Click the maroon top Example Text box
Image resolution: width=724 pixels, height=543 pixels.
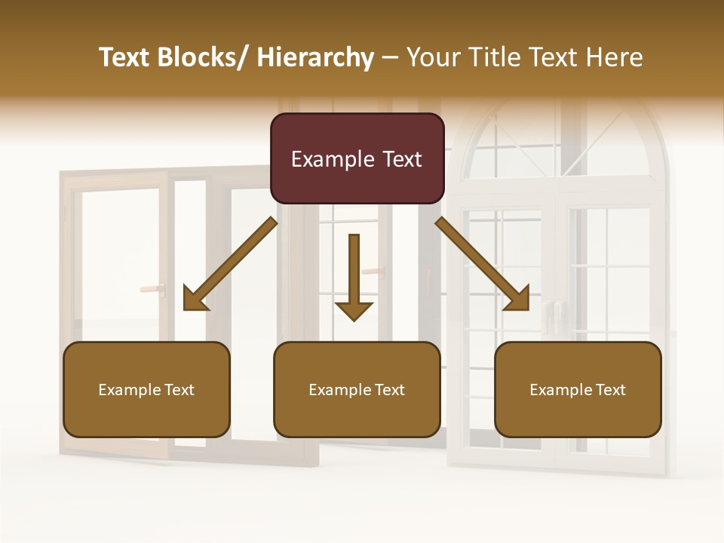click(357, 158)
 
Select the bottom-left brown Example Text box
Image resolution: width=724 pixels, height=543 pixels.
click(146, 390)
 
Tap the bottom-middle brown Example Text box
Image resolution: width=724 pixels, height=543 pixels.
click(357, 390)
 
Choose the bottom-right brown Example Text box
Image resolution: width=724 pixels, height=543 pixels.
click(578, 390)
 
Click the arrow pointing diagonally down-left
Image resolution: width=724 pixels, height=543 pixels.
click(230, 264)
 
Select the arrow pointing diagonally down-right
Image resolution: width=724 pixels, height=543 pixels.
click(483, 264)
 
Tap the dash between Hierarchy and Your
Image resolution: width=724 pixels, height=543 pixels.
click(390, 57)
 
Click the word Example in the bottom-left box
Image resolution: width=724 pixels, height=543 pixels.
click(130, 390)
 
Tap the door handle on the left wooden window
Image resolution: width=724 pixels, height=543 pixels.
click(152, 288)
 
